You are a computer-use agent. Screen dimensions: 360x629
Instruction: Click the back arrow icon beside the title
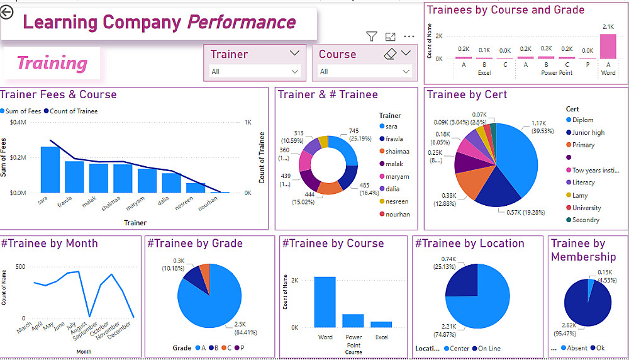point(6,12)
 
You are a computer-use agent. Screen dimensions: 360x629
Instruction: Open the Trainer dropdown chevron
point(294,53)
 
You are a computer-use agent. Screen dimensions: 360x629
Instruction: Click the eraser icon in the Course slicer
point(390,54)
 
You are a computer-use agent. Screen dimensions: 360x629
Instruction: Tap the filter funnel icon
point(372,37)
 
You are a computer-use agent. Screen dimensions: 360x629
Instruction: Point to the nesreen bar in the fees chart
point(196,188)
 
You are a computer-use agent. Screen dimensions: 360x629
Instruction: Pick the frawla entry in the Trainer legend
point(394,138)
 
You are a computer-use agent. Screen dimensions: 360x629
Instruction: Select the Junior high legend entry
point(588,132)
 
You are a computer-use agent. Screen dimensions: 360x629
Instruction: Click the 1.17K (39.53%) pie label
point(538,127)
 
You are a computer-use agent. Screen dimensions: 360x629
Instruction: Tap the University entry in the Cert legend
point(586,208)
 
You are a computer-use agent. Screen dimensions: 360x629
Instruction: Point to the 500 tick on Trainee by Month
point(21,267)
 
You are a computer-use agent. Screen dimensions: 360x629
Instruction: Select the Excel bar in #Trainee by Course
point(381,324)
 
